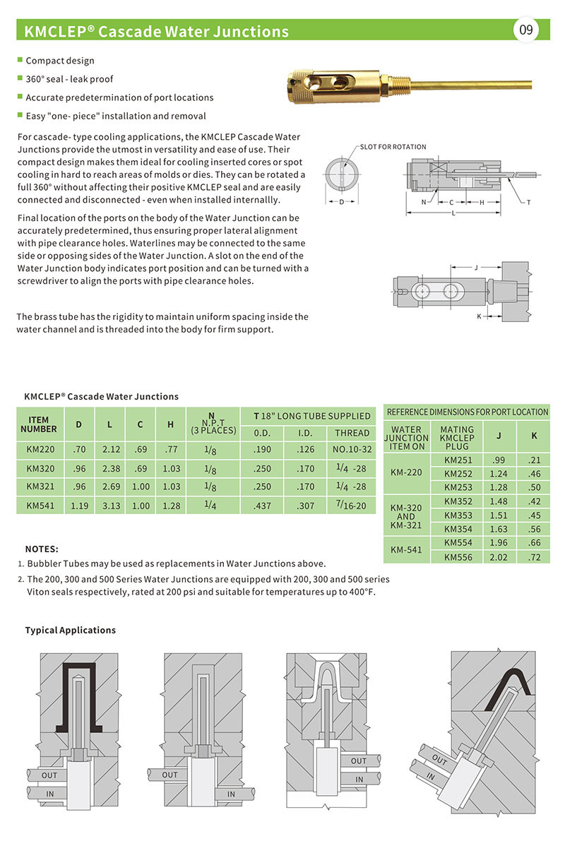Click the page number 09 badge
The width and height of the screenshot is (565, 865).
click(x=526, y=30)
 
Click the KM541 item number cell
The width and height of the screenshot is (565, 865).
click(x=40, y=505)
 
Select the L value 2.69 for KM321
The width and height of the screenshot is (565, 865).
click(x=109, y=487)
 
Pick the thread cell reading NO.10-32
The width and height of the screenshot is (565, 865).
click(x=352, y=450)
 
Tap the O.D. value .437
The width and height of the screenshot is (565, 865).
click(x=262, y=505)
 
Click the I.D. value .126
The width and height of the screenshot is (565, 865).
click(x=305, y=450)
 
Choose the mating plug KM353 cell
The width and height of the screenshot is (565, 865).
click(x=458, y=515)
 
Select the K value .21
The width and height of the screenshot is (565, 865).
click(x=533, y=460)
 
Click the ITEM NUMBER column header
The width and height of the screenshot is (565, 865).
click(x=40, y=424)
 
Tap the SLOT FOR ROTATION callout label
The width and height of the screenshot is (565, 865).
click(x=393, y=147)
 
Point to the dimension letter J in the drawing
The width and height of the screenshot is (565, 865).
click(x=476, y=268)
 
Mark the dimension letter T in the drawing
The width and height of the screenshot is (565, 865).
click(x=528, y=203)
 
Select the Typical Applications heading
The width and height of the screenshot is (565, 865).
click(x=71, y=630)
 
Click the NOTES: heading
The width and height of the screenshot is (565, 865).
click(x=42, y=549)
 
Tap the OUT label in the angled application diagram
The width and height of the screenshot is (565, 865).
click(x=440, y=760)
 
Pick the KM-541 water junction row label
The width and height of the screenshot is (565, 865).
click(x=406, y=549)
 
